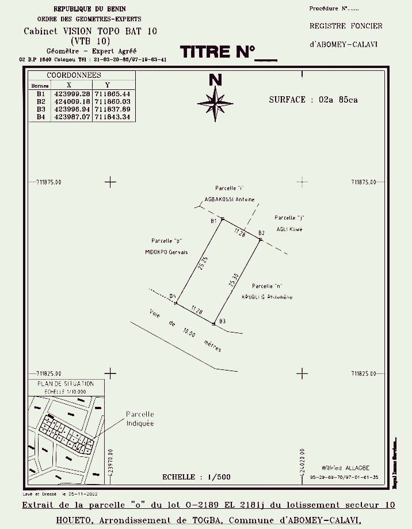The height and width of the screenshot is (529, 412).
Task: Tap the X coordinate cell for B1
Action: click(71, 93)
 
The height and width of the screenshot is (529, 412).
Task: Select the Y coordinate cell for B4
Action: click(114, 117)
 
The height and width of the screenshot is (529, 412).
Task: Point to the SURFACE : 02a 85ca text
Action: click(313, 100)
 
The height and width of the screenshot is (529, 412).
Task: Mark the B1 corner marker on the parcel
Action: click(223, 219)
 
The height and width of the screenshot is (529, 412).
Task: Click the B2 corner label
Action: click(261, 233)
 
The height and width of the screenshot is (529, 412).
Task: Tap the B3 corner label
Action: click(222, 320)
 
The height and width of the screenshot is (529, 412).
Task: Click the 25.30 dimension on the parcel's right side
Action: click(232, 280)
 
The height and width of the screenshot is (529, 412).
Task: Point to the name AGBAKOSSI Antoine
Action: click(230, 200)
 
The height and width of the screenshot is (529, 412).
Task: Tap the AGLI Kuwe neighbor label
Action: click(289, 229)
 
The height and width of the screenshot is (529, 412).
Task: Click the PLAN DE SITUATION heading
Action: click(66, 383)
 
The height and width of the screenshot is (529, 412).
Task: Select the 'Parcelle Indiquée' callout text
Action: click(140, 419)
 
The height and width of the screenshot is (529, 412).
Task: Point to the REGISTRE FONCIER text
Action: click(346, 26)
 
